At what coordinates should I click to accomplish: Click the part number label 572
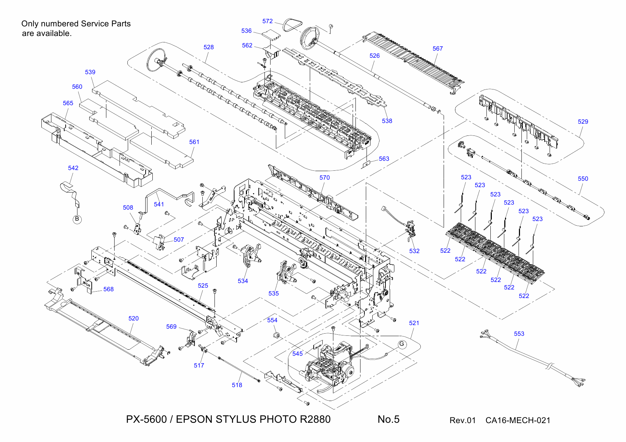tap(267, 21)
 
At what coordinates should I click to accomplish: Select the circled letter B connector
tap(77, 219)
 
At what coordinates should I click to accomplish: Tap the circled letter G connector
tap(402, 344)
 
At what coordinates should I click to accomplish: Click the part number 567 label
tap(438, 48)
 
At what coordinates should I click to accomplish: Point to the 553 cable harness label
tap(519, 334)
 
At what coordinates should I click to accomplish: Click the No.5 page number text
tap(388, 419)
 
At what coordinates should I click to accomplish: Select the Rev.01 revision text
tap(463, 420)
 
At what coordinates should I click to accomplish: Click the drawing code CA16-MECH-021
tap(518, 420)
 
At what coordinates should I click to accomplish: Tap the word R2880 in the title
tap(315, 419)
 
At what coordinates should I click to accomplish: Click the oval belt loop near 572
tap(293, 25)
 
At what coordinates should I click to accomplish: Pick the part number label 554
tap(272, 320)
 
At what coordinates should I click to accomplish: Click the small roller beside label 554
tap(276, 335)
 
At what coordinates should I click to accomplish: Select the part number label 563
tap(384, 159)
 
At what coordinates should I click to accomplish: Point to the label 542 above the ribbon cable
tap(73, 168)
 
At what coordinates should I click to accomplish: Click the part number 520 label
tap(133, 318)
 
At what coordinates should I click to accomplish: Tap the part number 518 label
tap(237, 385)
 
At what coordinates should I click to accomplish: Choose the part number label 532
tap(414, 251)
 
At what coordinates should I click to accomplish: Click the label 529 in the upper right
tap(583, 122)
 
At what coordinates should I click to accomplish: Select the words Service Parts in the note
tap(106, 24)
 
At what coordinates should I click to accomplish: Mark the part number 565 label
tap(68, 103)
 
